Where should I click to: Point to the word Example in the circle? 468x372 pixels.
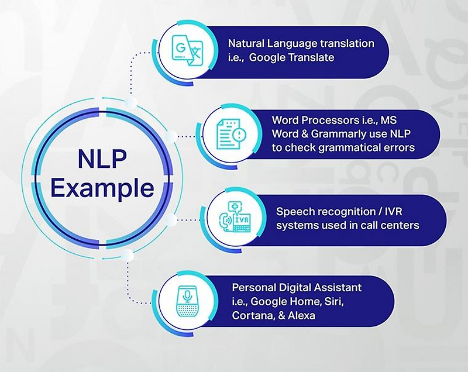[x=104, y=188]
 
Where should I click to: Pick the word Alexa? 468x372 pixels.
[x=300, y=316]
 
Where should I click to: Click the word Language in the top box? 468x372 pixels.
[x=297, y=43]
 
